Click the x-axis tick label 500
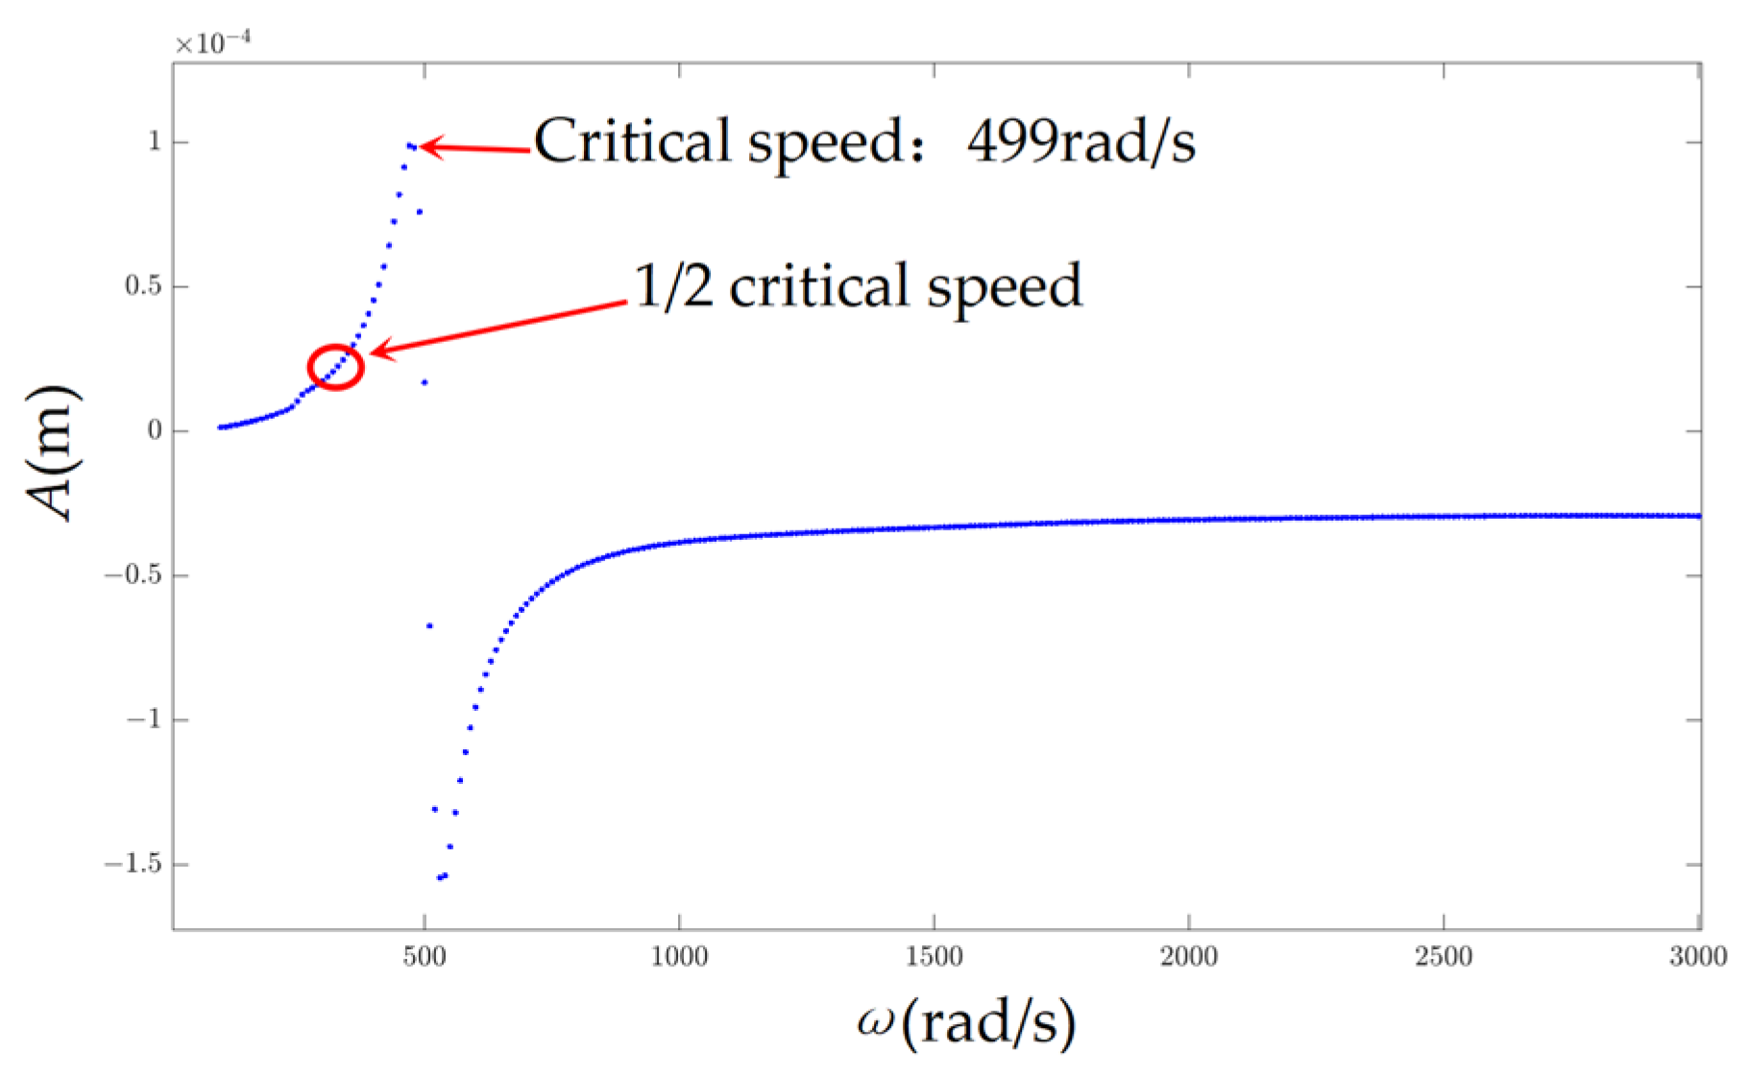pyautogui.click(x=424, y=957)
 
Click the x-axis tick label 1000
pyautogui.click(x=679, y=957)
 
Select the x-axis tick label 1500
pyautogui.click(x=934, y=957)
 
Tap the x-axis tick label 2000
pyautogui.click(x=1189, y=957)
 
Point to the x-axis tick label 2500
pyautogui.click(x=1444, y=957)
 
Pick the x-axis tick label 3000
pyautogui.click(x=1697, y=957)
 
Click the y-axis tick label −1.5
pyautogui.click(x=133, y=865)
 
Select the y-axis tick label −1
pyautogui.click(x=144, y=720)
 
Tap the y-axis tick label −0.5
pyautogui.click(x=133, y=575)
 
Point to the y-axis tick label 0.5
pyautogui.click(x=143, y=286)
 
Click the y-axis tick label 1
pyautogui.click(x=154, y=142)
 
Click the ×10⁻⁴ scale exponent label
pyautogui.click(x=212, y=44)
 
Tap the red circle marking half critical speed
pyautogui.click(x=335, y=367)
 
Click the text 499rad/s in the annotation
pyautogui.click(x=1081, y=142)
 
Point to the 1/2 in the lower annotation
pyautogui.click(x=673, y=286)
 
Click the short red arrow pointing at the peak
pyautogui.click(x=475, y=149)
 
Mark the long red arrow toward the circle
pyautogui.click(x=499, y=327)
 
